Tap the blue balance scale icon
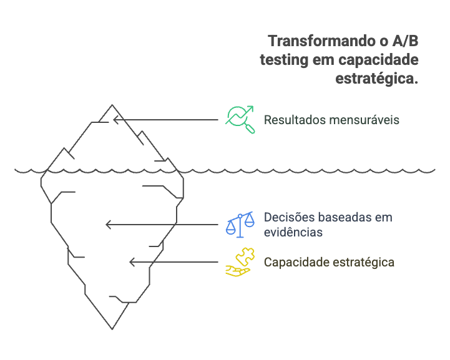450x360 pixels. click(240, 224)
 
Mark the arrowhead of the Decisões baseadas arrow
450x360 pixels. click(108, 225)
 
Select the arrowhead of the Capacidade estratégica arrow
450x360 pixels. click(132, 262)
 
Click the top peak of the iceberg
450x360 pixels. click(112, 104)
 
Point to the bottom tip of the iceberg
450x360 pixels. click(112, 328)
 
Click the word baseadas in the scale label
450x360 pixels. click(342, 217)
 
